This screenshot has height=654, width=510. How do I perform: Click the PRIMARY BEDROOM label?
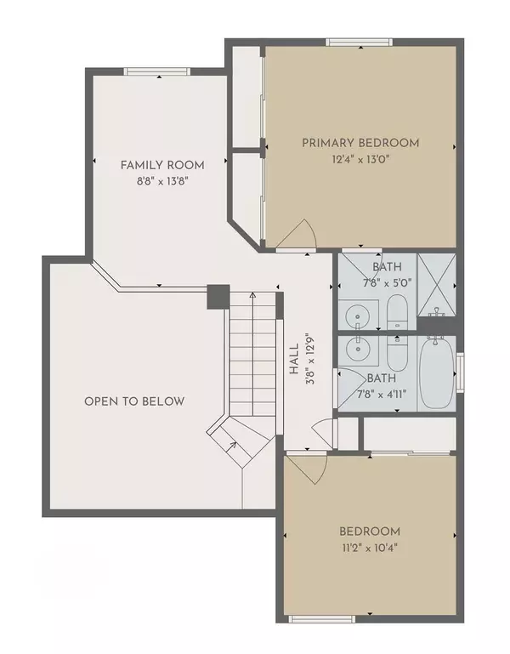coord(360,143)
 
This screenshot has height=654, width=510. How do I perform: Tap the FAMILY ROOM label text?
coord(162,165)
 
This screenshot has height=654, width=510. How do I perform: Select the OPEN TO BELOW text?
coord(134,401)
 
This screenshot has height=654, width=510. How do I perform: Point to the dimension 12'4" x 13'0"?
coord(360,159)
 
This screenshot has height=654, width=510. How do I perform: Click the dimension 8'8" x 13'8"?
coord(163,181)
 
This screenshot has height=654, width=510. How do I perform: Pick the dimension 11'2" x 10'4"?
coord(370,548)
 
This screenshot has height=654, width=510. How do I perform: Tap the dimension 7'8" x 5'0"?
coord(388,283)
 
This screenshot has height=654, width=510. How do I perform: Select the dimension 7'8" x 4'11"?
coord(382,394)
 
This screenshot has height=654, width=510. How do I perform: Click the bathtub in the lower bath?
coord(436,372)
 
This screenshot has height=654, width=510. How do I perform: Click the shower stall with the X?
coord(437,284)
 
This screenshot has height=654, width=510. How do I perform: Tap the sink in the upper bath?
coord(357,315)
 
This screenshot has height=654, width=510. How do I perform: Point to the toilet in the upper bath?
coord(397,312)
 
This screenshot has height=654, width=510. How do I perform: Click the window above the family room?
coord(156,71)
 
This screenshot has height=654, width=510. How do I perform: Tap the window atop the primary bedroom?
coord(359,42)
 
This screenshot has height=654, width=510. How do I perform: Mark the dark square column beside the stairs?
coord(218,297)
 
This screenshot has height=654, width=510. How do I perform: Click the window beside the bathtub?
coord(461,372)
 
